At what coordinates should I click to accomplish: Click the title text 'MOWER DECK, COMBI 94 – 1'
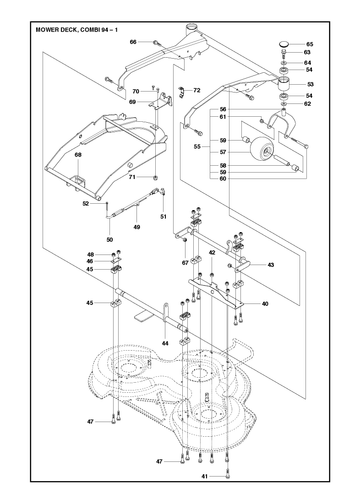(x=76, y=30)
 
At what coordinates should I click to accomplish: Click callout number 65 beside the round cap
(x=310, y=44)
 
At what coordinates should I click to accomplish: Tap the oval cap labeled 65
(x=284, y=43)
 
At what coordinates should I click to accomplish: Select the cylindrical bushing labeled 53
(x=284, y=84)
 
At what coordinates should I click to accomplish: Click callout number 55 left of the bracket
(x=198, y=146)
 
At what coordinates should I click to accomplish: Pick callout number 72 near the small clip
(x=197, y=90)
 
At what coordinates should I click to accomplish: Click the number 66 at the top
(x=133, y=42)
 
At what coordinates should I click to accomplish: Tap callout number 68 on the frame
(x=78, y=155)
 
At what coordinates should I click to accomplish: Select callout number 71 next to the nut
(x=132, y=177)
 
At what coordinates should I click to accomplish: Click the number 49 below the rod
(x=136, y=227)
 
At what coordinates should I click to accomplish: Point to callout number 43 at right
(x=271, y=265)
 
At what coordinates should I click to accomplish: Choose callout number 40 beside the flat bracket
(x=265, y=304)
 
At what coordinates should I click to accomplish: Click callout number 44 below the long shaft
(x=165, y=343)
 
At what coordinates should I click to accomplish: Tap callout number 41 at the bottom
(x=204, y=476)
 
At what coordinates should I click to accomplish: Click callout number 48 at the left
(x=90, y=255)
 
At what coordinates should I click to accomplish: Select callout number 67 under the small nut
(x=185, y=263)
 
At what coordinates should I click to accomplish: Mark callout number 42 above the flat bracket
(x=212, y=253)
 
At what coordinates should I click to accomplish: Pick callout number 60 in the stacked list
(x=223, y=179)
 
